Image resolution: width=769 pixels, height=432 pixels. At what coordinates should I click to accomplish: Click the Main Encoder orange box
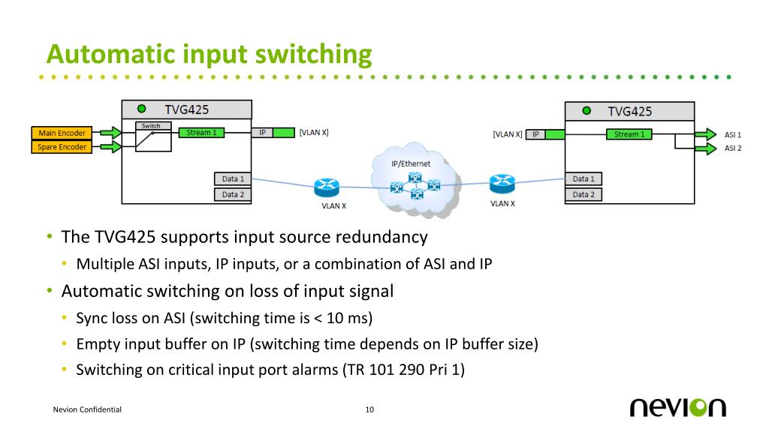click(x=62, y=133)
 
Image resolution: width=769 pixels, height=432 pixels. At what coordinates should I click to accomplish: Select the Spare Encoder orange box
click(x=62, y=146)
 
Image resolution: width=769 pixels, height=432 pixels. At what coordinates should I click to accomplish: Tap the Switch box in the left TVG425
click(x=153, y=136)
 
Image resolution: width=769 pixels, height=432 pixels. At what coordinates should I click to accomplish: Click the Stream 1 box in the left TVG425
click(x=201, y=132)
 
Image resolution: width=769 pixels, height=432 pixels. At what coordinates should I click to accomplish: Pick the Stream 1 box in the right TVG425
click(x=629, y=134)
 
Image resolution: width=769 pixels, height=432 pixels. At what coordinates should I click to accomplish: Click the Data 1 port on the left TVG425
click(x=233, y=178)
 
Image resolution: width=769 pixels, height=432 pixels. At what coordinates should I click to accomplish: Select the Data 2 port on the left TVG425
click(x=233, y=194)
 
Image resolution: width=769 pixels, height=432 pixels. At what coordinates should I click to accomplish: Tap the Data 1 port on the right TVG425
click(x=584, y=178)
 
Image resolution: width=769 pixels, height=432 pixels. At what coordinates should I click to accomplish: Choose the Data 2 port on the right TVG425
click(x=584, y=194)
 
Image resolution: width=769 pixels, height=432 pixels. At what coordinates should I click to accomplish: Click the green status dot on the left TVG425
click(x=142, y=109)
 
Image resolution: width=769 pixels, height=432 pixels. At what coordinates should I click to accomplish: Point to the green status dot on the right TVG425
click(x=587, y=111)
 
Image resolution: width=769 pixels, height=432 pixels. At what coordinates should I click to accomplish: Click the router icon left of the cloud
click(x=327, y=187)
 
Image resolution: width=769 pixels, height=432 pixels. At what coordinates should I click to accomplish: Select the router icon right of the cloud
click(x=502, y=184)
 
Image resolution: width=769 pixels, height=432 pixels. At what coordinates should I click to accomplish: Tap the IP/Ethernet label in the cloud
click(x=411, y=163)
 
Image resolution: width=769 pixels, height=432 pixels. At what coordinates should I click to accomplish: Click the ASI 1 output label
click(x=733, y=135)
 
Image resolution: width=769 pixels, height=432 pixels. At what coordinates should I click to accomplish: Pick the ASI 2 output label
click(x=733, y=148)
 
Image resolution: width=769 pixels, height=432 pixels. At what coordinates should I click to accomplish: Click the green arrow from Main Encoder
click(x=110, y=133)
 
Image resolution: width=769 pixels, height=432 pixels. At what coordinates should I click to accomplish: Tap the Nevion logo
click(x=678, y=407)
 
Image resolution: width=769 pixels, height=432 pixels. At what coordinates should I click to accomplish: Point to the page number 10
click(x=369, y=409)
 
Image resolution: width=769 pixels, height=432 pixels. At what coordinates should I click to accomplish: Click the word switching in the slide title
click(x=314, y=55)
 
